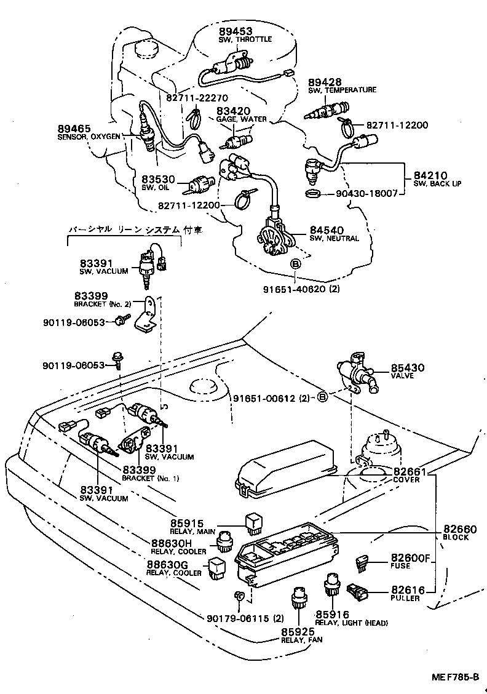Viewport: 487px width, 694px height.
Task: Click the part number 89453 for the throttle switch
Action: click(x=235, y=31)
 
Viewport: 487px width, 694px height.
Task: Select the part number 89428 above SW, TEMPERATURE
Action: click(x=325, y=82)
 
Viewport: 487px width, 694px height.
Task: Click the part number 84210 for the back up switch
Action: click(x=430, y=175)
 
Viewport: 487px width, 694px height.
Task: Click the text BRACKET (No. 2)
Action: click(x=102, y=304)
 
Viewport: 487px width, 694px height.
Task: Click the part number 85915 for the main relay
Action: click(x=188, y=523)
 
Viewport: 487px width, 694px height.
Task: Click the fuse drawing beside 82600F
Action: click(x=362, y=563)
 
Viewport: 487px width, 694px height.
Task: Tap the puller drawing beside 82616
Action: click(x=357, y=591)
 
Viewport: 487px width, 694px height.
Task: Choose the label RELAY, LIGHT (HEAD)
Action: click(x=351, y=623)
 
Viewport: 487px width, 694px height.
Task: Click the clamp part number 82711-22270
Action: click(x=197, y=97)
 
